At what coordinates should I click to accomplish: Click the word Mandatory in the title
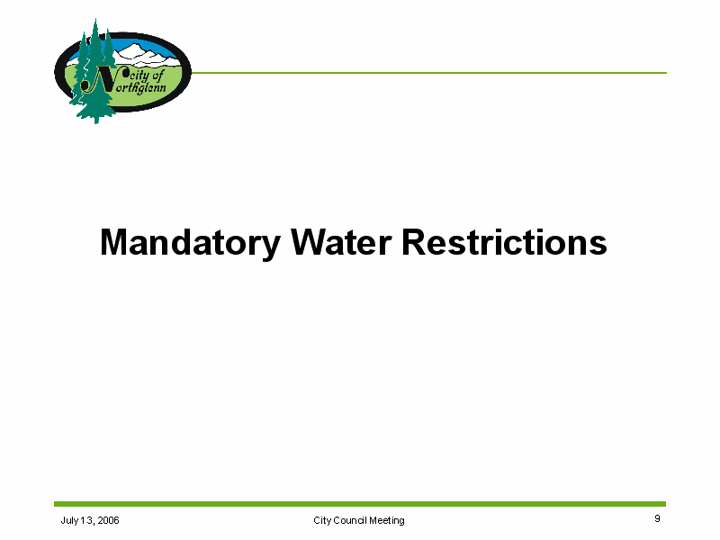(x=190, y=243)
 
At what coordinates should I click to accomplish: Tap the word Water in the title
(x=341, y=242)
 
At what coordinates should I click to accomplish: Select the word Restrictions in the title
(x=504, y=242)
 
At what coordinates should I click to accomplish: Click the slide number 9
(x=657, y=518)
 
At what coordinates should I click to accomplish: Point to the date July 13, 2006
(x=90, y=520)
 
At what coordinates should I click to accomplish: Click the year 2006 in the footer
(x=108, y=520)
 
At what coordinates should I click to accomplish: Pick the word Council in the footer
(x=350, y=520)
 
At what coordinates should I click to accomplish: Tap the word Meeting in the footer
(x=387, y=521)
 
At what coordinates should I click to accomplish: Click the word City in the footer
(x=322, y=521)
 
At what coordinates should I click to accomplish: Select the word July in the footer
(x=69, y=521)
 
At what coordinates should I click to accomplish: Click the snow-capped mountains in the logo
(x=146, y=55)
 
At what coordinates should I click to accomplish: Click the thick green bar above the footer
(x=360, y=504)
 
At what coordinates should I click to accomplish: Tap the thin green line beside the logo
(x=429, y=73)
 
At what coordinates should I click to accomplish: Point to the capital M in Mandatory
(x=113, y=242)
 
